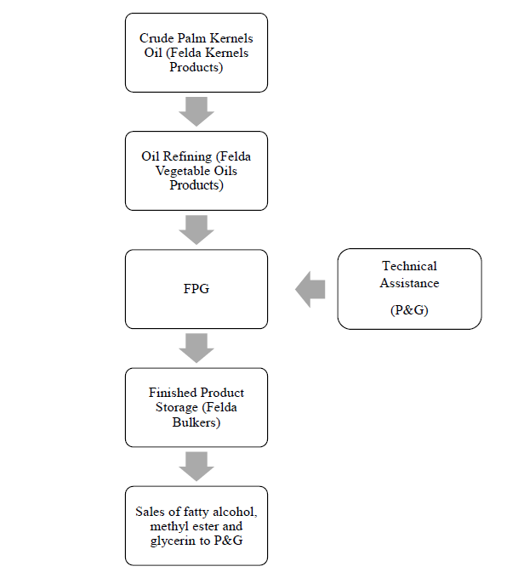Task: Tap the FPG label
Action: [x=196, y=289]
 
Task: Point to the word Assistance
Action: [x=409, y=281]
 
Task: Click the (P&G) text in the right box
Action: [x=409, y=310]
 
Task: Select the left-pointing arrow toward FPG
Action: [x=310, y=290]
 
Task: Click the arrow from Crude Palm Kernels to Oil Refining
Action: [x=196, y=111]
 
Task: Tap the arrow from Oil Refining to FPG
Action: [x=196, y=229]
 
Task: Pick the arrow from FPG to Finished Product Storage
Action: [x=196, y=348]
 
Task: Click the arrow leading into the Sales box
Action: [x=196, y=466]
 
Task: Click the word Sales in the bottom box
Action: [x=151, y=512]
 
